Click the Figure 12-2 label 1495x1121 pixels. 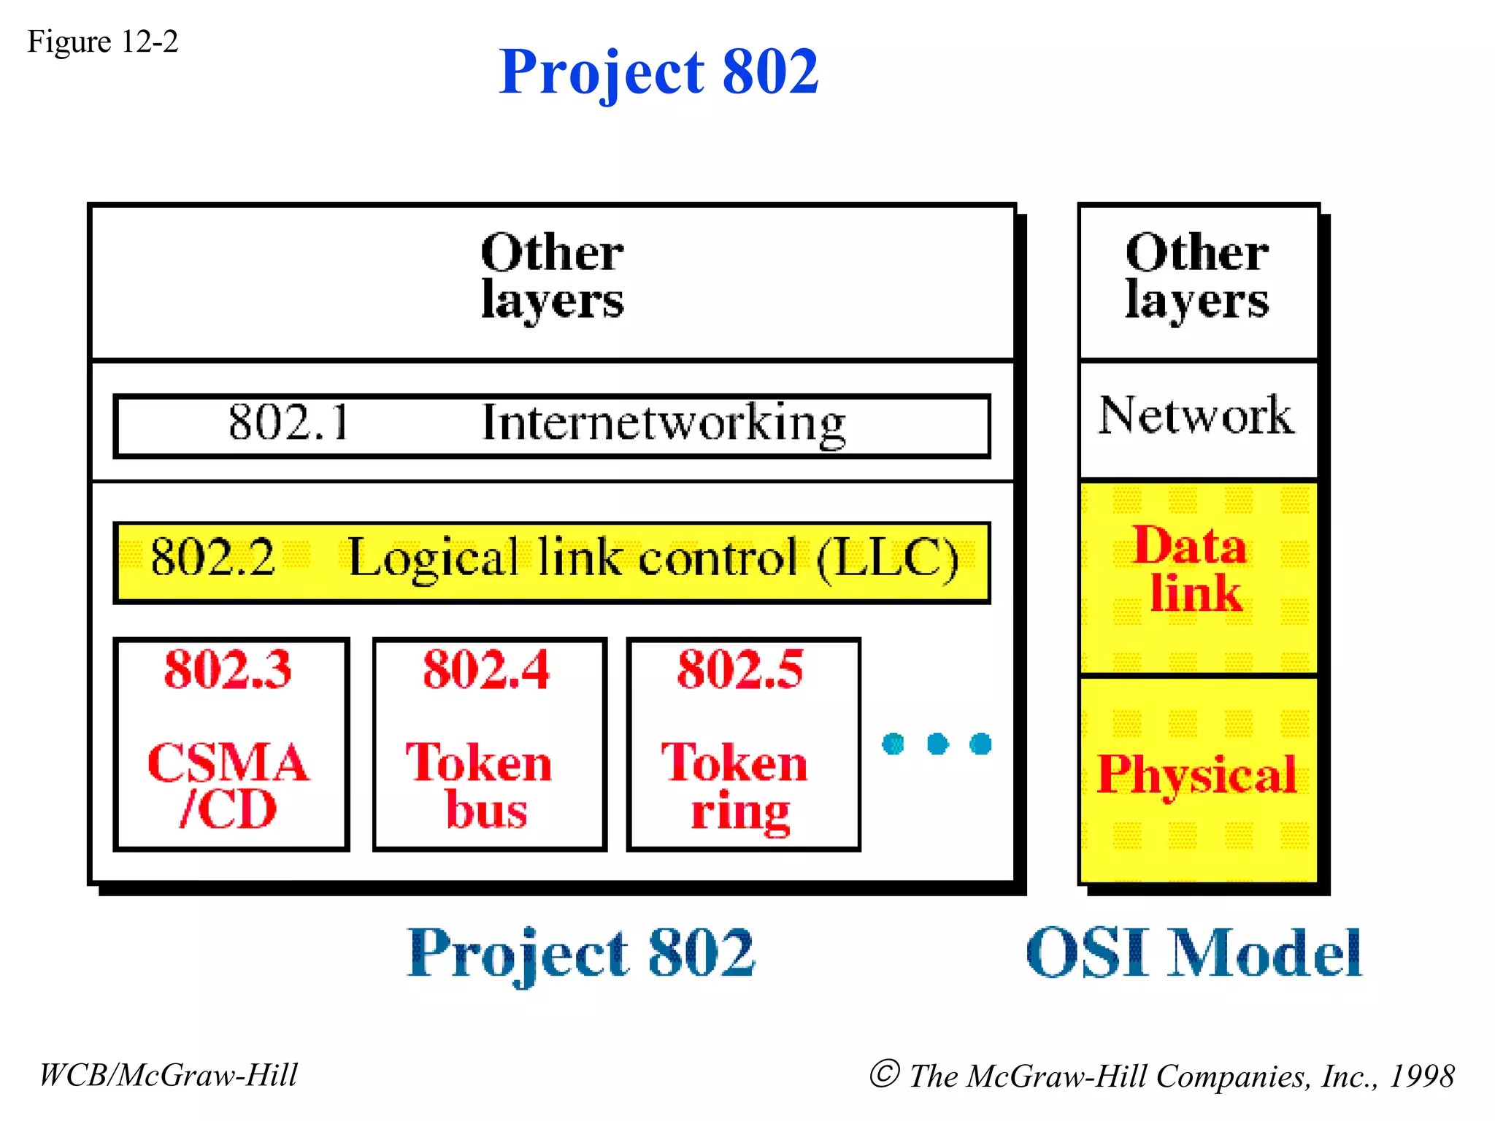click(x=102, y=42)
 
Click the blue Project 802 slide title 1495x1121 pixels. click(x=658, y=72)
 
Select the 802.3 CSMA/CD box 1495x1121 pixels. click(x=231, y=744)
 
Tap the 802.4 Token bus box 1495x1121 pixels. click(x=488, y=744)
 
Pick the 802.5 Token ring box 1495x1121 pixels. click(x=742, y=744)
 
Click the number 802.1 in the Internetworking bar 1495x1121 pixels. click(x=289, y=423)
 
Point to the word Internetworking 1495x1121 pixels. click(x=663, y=424)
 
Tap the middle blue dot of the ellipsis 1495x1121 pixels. click(x=937, y=744)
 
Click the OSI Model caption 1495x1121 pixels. click(x=1193, y=953)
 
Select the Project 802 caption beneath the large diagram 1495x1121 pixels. click(x=580, y=953)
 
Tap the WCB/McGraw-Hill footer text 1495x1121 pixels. click(x=168, y=1075)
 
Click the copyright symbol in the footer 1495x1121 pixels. click(x=884, y=1074)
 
